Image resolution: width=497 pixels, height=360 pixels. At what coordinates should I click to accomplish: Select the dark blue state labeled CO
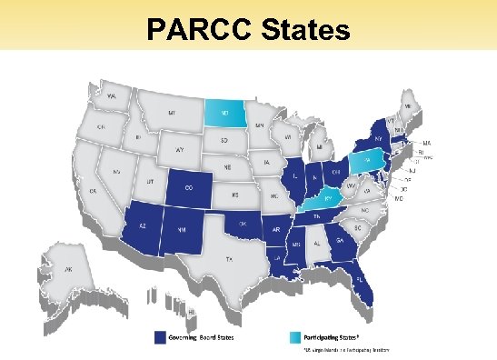188,188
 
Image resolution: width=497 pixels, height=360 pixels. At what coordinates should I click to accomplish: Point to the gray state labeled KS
235,195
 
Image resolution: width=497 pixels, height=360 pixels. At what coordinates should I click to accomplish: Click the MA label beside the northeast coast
426,143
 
